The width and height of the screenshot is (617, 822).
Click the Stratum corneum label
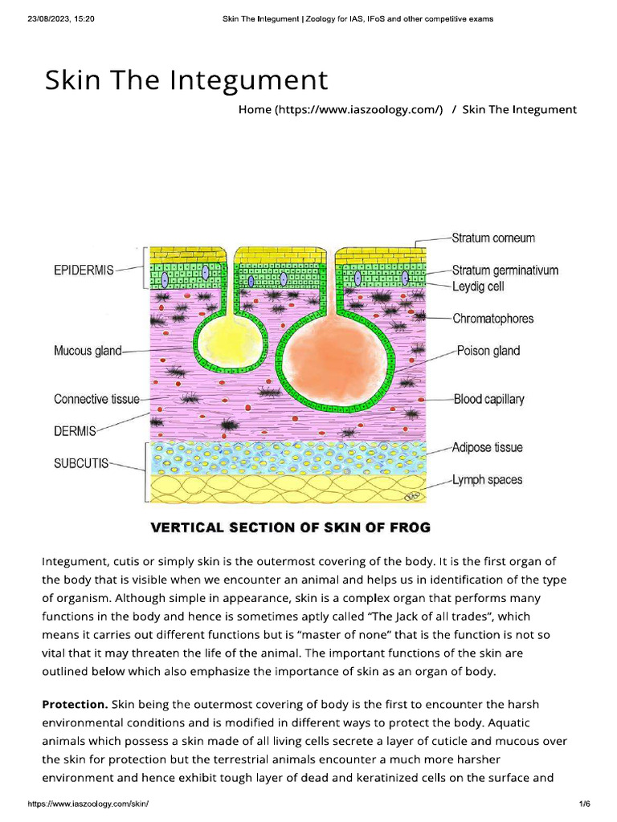click(493, 238)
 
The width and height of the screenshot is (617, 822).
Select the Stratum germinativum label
click(505, 271)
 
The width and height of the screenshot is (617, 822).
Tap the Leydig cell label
click(478, 286)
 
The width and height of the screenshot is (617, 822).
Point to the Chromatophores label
click(492, 319)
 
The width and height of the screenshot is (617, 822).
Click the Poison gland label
click(488, 351)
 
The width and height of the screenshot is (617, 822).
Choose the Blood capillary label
click(488, 399)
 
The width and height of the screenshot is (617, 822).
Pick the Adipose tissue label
click(488, 447)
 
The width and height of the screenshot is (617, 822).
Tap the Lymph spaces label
click(487, 480)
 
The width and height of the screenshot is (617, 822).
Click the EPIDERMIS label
click(84, 271)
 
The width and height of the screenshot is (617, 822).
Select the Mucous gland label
click(88, 351)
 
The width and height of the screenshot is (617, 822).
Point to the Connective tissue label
click(96, 399)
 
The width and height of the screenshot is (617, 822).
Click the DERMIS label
click(75, 431)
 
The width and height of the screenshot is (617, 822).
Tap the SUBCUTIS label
click(81, 464)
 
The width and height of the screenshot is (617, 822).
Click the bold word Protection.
click(75, 704)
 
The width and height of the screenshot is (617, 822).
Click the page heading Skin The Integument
click(186, 80)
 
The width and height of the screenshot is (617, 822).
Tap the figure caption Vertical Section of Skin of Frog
click(291, 527)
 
